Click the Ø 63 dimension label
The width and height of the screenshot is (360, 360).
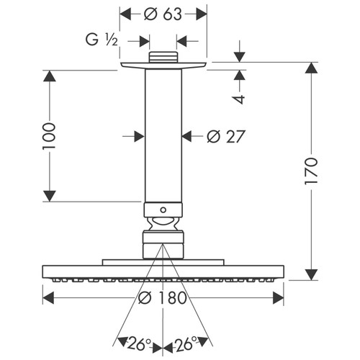tap(163, 14)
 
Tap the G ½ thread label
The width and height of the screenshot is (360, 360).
tap(102, 40)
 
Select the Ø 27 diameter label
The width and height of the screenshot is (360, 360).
tap(226, 136)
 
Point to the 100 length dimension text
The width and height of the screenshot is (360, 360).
tap(49, 136)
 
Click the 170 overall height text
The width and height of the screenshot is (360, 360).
tap(311, 171)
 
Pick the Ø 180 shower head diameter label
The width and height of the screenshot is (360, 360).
tap(163, 298)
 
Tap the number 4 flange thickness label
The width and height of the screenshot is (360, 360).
tap(239, 99)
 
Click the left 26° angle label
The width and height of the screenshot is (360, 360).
tap(139, 344)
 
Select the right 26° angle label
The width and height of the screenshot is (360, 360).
tap(186, 344)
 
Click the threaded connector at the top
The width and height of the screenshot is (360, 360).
tap(163, 57)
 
